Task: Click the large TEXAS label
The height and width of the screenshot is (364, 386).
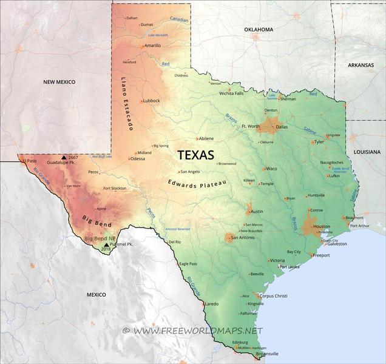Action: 196,155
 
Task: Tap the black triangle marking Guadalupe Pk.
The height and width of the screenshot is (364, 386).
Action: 64,157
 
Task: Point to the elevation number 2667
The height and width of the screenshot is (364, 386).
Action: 73,157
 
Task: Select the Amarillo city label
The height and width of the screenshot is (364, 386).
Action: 153,45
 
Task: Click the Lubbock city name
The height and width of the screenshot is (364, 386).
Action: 151,101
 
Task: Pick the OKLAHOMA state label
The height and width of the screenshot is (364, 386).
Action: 259,30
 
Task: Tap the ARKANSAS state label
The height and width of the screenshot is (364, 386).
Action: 362,64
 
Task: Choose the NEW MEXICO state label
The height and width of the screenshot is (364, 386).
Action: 59,82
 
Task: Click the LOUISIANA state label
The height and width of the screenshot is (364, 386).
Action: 367,152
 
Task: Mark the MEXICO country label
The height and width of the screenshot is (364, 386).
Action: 96,294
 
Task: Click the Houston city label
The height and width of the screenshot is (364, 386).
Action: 322,226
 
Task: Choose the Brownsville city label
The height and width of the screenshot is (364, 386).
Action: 267,353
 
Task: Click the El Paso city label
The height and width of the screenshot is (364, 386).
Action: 30,161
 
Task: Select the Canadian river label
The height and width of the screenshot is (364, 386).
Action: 179,20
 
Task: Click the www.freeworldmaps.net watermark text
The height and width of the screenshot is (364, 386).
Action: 198,331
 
